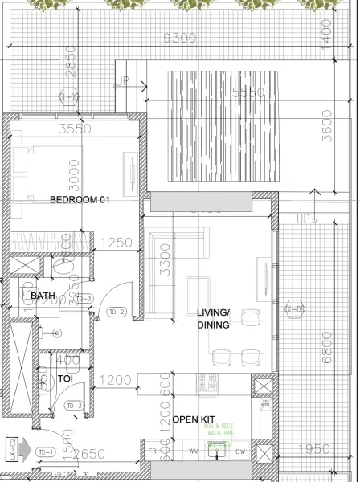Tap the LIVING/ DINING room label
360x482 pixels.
[x=214, y=319]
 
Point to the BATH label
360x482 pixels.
[x=43, y=296]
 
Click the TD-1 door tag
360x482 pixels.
[x=47, y=452]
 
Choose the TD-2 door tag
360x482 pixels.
[x=117, y=312]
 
